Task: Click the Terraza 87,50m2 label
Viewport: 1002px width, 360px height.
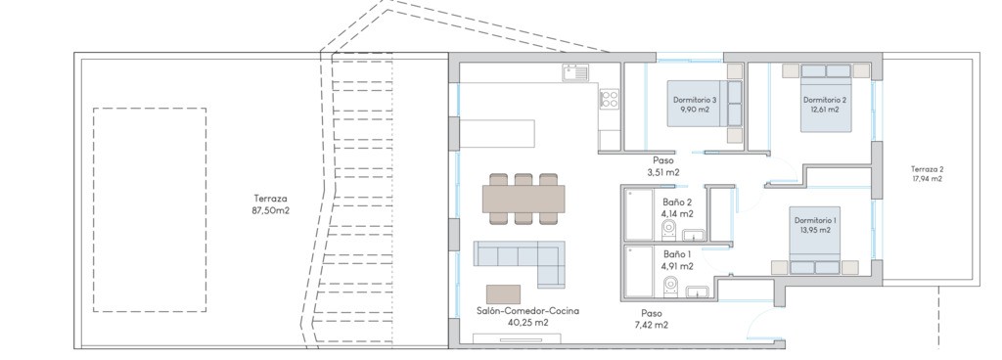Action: pyautogui.click(x=271, y=203)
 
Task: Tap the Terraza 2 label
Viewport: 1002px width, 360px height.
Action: pyautogui.click(x=927, y=173)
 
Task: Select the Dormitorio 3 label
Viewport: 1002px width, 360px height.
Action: pyautogui.click(x=695, y=104)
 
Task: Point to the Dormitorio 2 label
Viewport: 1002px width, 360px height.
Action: pyautogui.click(x=825, y=104)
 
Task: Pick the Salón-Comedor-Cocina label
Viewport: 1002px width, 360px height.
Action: pyautogui.click(x=527, y=317)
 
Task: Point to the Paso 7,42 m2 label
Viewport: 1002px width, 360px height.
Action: pyautogui.click(x=653, y=319)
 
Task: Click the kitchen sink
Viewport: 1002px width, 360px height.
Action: pyautogui.click(x=575, y=72)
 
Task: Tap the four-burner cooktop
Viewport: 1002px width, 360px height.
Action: pyautogui.click(x=609, y=98)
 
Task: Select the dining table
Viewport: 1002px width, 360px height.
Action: pyautogui.click(x=524, y=199)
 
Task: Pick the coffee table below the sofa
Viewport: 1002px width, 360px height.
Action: pyautogui.click(x=503, y=294)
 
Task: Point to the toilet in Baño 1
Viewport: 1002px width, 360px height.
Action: pyautogui.click(x=670, y=286)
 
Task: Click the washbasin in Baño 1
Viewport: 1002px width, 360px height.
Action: pyautogui.click(x=696, y=292)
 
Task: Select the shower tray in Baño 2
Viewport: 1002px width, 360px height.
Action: pyautogui.click(x=638, y=214)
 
